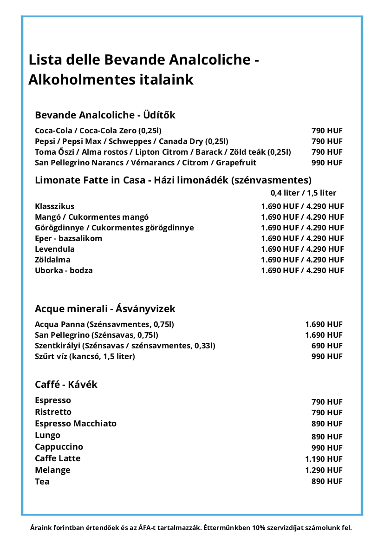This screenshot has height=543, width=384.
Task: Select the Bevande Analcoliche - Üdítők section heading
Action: coord(105,115)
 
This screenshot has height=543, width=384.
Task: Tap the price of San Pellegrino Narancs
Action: coord(327,163)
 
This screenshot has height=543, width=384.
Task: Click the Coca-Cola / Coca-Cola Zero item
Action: coord(98,131)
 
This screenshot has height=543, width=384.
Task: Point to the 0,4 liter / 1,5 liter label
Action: coord(303,193)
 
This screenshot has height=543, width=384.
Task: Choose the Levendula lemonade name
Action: coord(55,249)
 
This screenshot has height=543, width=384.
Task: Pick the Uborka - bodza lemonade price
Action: coord(302,270)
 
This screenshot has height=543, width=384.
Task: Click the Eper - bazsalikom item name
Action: coord(68,238)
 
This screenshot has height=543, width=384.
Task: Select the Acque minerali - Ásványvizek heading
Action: coord(105,309)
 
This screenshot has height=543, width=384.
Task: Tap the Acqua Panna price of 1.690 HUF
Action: coord(324,324)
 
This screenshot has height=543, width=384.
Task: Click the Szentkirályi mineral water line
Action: coord(125,346)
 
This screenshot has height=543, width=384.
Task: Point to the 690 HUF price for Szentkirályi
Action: coord(327,346)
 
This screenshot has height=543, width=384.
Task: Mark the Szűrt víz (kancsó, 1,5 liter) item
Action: coord(85,356)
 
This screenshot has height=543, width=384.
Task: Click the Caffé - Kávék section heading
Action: coord(66,385)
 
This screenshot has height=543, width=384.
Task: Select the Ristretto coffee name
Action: coord(53,412)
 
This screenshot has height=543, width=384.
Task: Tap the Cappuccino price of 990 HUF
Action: coord(327,448)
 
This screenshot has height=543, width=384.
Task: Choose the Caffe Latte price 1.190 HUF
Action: coord(324,459)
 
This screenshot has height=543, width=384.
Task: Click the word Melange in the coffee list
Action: coord(52,470)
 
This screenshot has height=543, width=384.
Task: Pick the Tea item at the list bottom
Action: coord(42,482)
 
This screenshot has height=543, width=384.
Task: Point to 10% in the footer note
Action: coord(259,528)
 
